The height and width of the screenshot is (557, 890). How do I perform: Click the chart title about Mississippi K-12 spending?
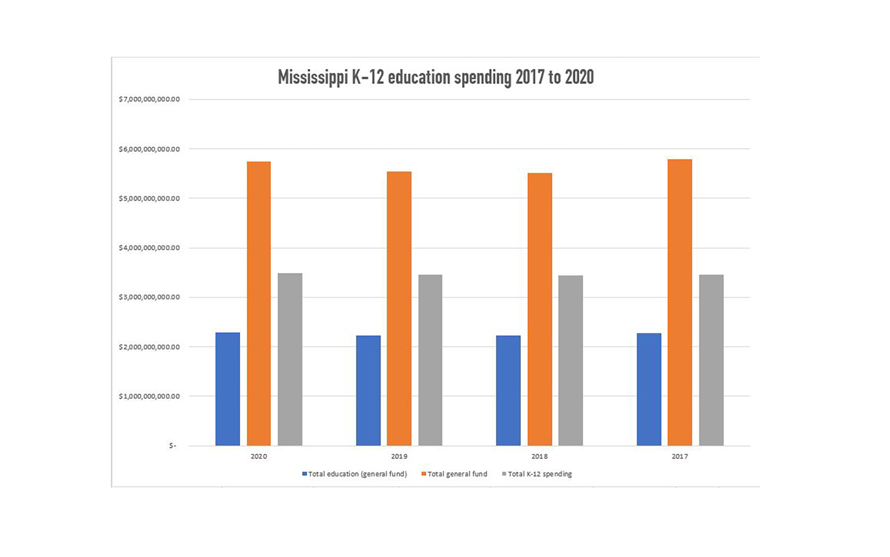436,77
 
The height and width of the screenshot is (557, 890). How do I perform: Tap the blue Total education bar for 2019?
368,390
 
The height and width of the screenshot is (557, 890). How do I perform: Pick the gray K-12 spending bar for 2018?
570,360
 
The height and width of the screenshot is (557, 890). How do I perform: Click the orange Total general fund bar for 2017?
680,302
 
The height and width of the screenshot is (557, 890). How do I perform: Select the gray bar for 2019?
430,360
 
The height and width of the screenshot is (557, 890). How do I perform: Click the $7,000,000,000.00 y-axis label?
149,99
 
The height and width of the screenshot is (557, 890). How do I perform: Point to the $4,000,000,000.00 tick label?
149,248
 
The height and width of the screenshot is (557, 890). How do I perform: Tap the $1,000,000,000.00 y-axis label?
149,396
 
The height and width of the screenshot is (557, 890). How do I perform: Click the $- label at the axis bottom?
172,446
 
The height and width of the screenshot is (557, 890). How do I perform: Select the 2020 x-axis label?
259,456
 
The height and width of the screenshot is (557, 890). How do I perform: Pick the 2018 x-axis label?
540,456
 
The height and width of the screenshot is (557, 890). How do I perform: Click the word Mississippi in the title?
313,77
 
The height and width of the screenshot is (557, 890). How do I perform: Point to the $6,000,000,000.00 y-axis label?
149,149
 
